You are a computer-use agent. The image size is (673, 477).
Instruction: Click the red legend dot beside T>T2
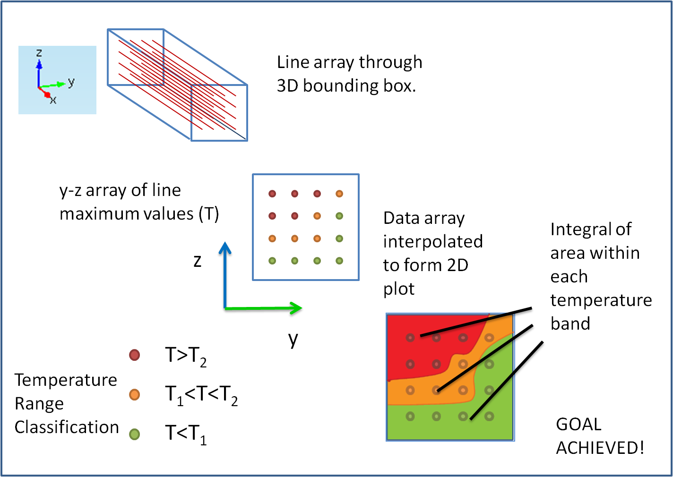(135, 355)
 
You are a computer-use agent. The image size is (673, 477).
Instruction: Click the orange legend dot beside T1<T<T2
(135, 394)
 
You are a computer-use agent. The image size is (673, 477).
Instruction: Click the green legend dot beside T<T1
(135, 434)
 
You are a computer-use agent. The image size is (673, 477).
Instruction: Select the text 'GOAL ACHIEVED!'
(599, 436)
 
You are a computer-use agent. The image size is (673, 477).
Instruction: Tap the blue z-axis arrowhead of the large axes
(225, 248)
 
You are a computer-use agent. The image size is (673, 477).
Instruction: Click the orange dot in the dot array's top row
(339, 194)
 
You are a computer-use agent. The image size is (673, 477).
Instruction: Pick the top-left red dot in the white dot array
(272, 194)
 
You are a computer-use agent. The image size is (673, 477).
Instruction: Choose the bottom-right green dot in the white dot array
(339, 261)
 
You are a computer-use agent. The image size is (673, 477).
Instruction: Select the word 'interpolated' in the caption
(433, 241)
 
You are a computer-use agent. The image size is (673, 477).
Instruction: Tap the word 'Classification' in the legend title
(67, 427)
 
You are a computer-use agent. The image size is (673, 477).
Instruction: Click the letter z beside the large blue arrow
(198, 261)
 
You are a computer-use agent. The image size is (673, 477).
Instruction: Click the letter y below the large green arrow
(293, 339)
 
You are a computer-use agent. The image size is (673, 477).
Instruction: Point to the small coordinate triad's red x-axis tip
(47, 95)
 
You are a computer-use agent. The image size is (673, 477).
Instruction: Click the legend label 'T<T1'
(186, 433)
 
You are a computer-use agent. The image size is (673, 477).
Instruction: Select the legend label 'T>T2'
(186, 355)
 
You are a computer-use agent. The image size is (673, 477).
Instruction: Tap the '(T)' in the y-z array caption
(208, 214)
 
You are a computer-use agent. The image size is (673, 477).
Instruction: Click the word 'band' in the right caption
(570, 324)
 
